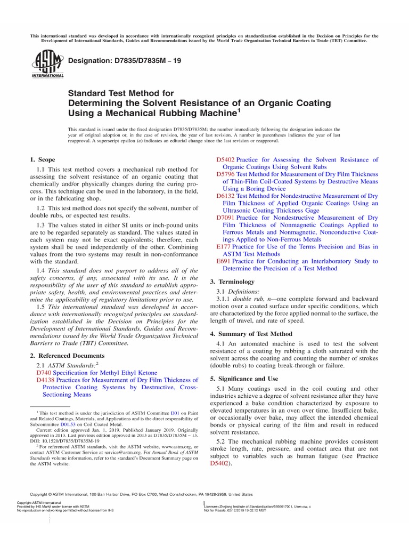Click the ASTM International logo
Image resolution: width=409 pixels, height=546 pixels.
(x=49, y=65)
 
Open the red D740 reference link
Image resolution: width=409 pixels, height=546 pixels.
(x=44, y=373)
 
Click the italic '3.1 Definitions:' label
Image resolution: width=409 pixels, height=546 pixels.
(x=241, y=292)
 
